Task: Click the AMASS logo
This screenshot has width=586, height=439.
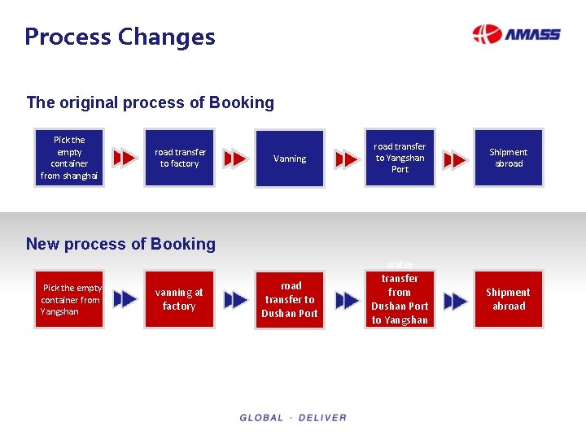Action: tap(516, 34)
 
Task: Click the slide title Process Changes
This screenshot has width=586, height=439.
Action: tap(120, 37)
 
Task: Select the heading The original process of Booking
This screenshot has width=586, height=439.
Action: tap(150, 102)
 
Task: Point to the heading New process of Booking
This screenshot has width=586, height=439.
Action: tap(120, 244)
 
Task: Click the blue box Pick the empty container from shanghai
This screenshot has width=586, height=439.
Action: tap(69, 158)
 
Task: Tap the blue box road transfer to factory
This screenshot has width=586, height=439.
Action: tap(180, 158)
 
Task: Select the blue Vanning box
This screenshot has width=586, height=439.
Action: tap(290, 159)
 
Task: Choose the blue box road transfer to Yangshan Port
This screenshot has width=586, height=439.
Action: tap(400, 158)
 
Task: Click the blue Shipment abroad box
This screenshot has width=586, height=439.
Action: tap(509, 158)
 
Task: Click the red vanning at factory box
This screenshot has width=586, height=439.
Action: tap(179, 299)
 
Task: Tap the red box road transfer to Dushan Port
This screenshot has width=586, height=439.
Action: tap(290, 299)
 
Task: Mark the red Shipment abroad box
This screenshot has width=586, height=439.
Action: tap(509, 299)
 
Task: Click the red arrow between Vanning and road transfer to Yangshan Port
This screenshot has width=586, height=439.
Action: tap(346, 159)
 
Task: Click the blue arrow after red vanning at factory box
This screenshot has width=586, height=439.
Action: tap(235, 300)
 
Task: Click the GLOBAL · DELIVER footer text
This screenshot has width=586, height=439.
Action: tap(293, 418)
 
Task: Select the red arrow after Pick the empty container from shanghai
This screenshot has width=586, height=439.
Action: tap(125, 158)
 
